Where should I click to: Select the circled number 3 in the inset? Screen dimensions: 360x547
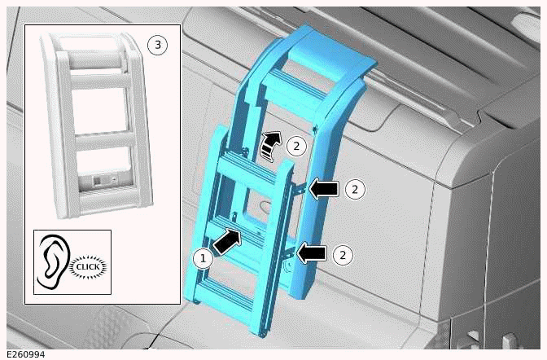pos(157,45)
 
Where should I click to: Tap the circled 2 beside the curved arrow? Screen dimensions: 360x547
pos(297,147)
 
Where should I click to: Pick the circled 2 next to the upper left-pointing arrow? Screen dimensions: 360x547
pos(355,189)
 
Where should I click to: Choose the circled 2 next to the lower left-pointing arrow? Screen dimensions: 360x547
pos(343,255)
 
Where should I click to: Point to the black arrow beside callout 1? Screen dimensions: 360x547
pos(229,239)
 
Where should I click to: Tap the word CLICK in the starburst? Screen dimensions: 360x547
pos(90,266)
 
